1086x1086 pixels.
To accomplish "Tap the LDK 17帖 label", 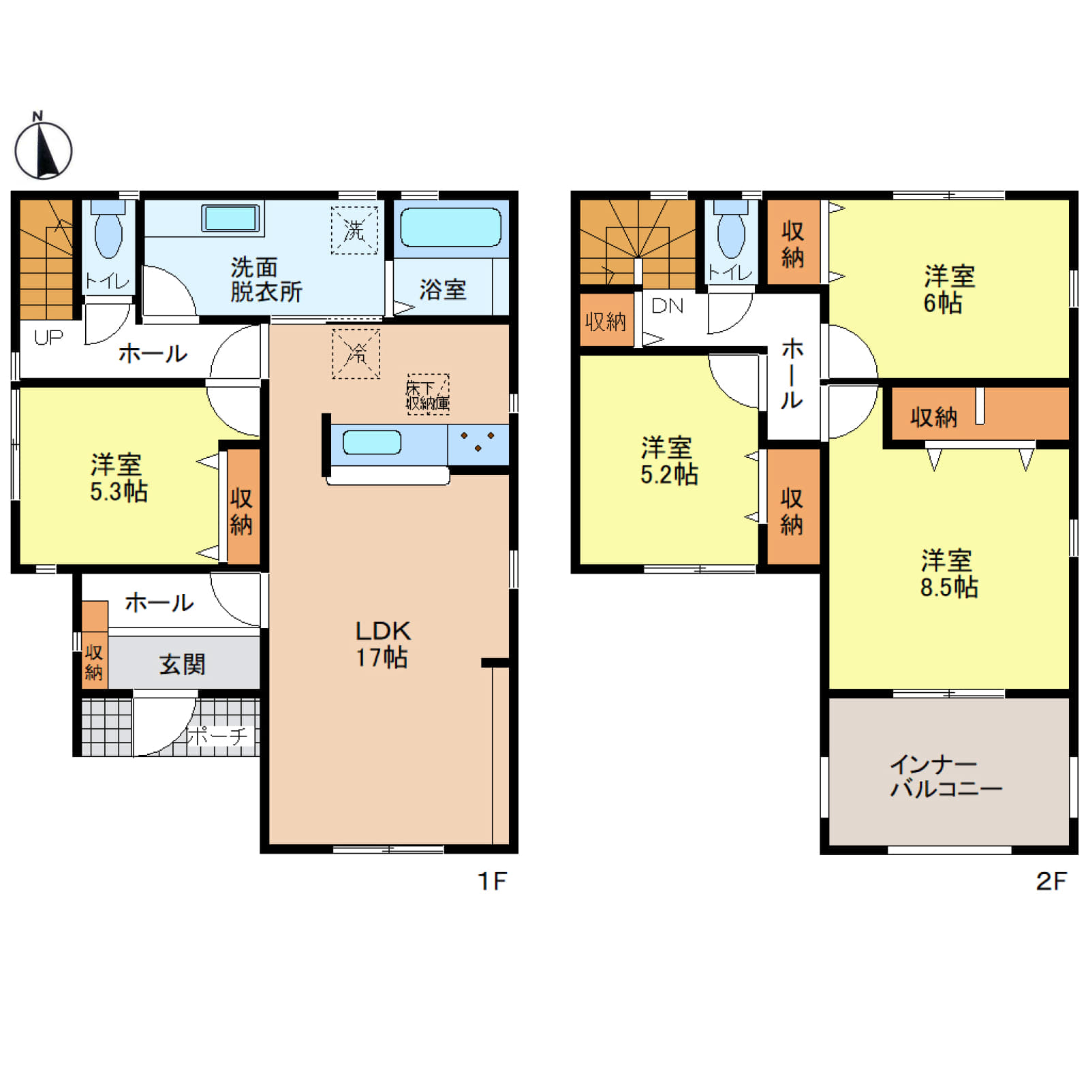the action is [x=382, y=644].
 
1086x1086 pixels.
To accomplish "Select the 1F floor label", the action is [x=492, y=881].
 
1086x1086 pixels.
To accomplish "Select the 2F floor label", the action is [x=1051, y=881].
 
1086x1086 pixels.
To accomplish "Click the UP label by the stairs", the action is [x=48, y=337].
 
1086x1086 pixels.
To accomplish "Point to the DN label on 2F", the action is [x=667, y=306].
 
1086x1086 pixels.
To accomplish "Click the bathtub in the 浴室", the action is [x=450, y=227].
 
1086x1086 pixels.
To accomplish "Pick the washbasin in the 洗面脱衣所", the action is [x=231, y=218].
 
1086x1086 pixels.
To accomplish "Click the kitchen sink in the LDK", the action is [x=371, y=442].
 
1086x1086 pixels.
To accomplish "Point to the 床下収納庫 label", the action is [x=428, y=395].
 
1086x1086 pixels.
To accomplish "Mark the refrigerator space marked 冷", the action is [x=356, y=354].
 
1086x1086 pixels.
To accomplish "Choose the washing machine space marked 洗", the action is [x=354, y=230].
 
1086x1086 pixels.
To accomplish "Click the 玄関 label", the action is [x=182, y=664].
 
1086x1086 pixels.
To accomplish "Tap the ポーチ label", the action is [x=219, y=736].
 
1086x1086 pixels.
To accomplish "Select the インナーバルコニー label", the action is [x=946, y=776].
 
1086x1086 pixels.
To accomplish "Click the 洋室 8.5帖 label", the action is [x=948, y=574].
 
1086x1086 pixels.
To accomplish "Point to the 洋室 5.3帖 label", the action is [x=119, y=478].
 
